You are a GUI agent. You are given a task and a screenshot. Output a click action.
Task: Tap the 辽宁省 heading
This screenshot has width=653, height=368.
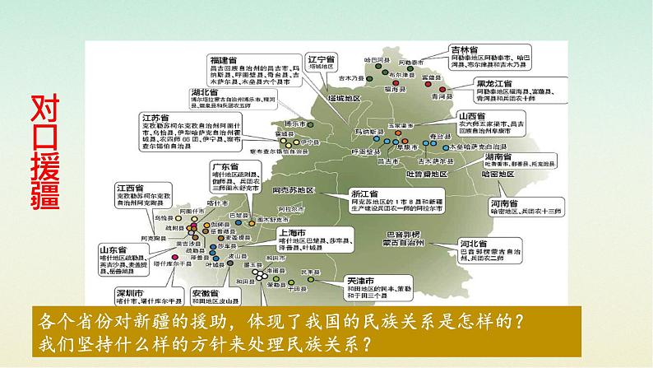[x=319, y=61]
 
